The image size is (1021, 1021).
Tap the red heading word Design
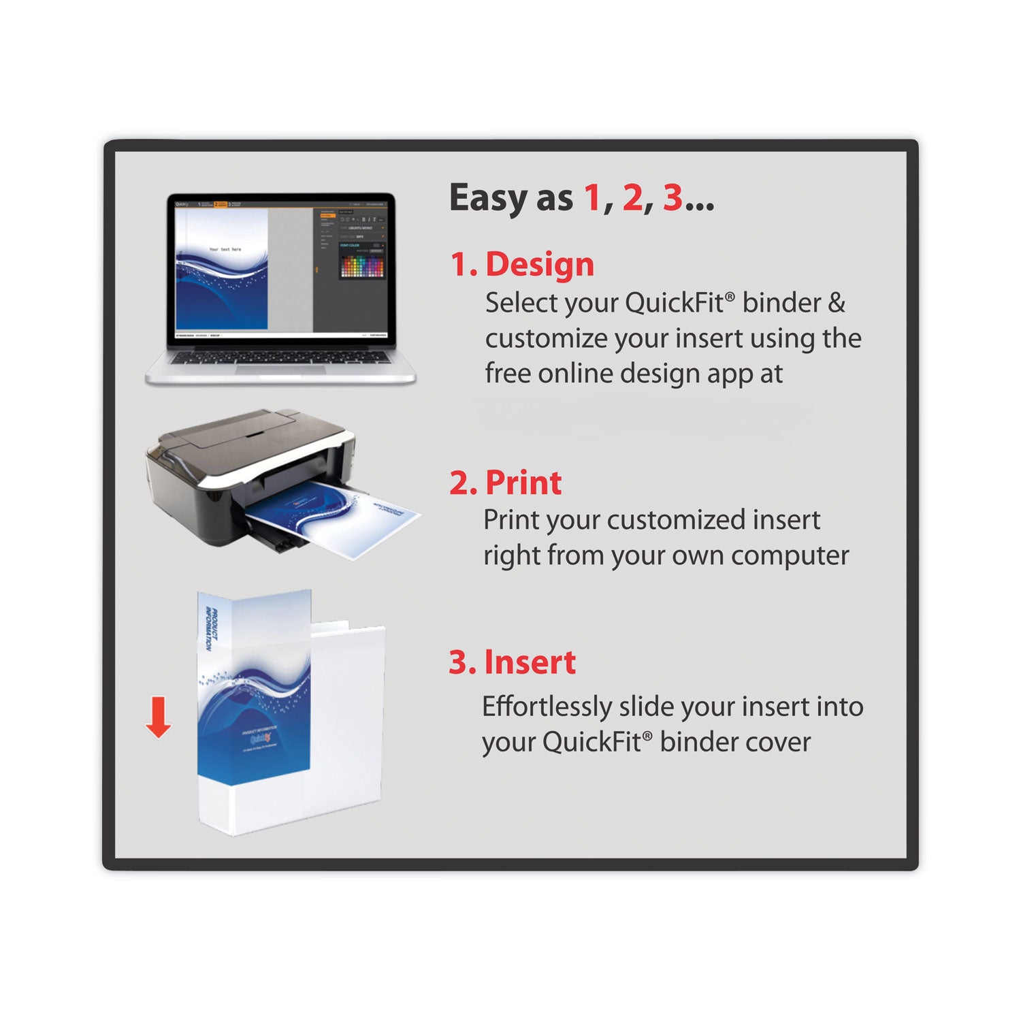tap(539, 264)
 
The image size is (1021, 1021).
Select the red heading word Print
tap(523, 483)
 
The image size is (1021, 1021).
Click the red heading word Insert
tap(530, 662)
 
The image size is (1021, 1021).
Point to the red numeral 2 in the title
tap(632, 197)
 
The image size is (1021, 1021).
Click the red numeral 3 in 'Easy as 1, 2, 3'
tap(672, 197)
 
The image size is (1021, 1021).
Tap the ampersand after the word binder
tap(837, 303)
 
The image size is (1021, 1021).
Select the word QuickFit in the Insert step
tap(595, 742)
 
